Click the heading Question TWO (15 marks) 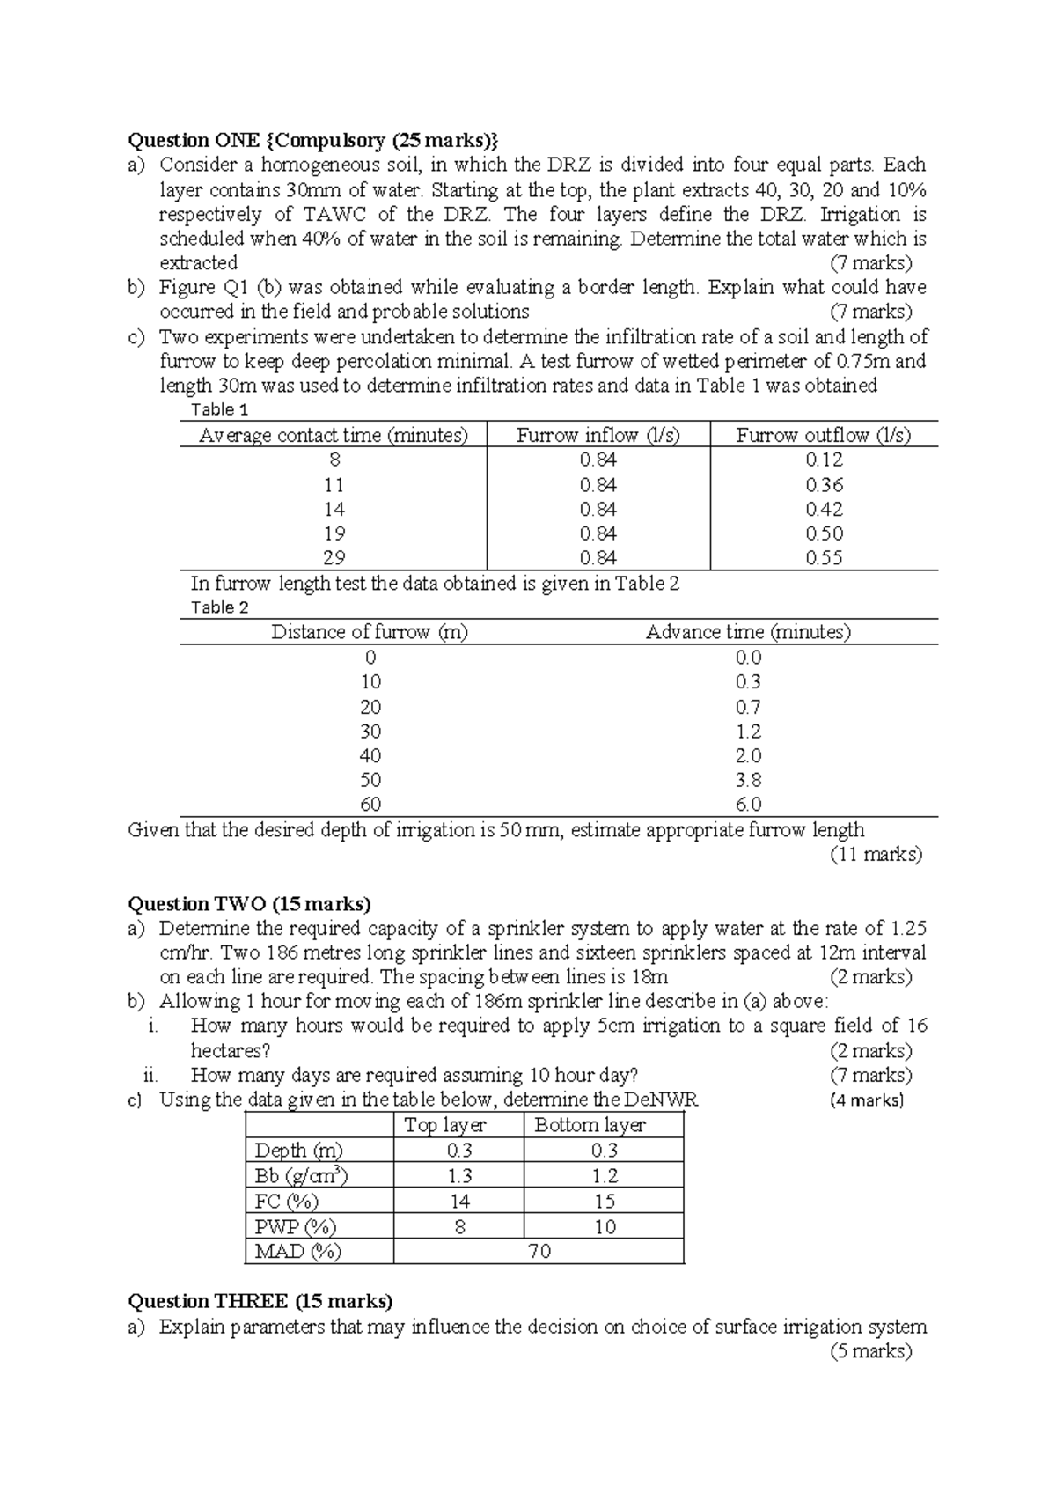coord(250,904)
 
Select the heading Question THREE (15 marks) coord(260,1301)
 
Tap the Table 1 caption coord(220,409)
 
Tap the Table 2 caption coord(220,607)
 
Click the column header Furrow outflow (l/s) coord(823,435)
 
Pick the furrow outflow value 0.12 coord(824,460)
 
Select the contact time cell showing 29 coord(334,557)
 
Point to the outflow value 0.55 coord(824,557)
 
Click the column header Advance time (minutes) coord(748,632)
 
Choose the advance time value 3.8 coord(748,780)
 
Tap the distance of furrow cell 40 coord(370,755)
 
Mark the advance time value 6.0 coord(748,805)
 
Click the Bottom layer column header coord(590,1125)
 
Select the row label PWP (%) coord(295,1226)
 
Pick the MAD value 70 coord(539,1251)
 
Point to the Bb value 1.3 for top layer coord(458,1176)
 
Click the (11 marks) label coord(876,854)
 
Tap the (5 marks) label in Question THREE coord(870,1351)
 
